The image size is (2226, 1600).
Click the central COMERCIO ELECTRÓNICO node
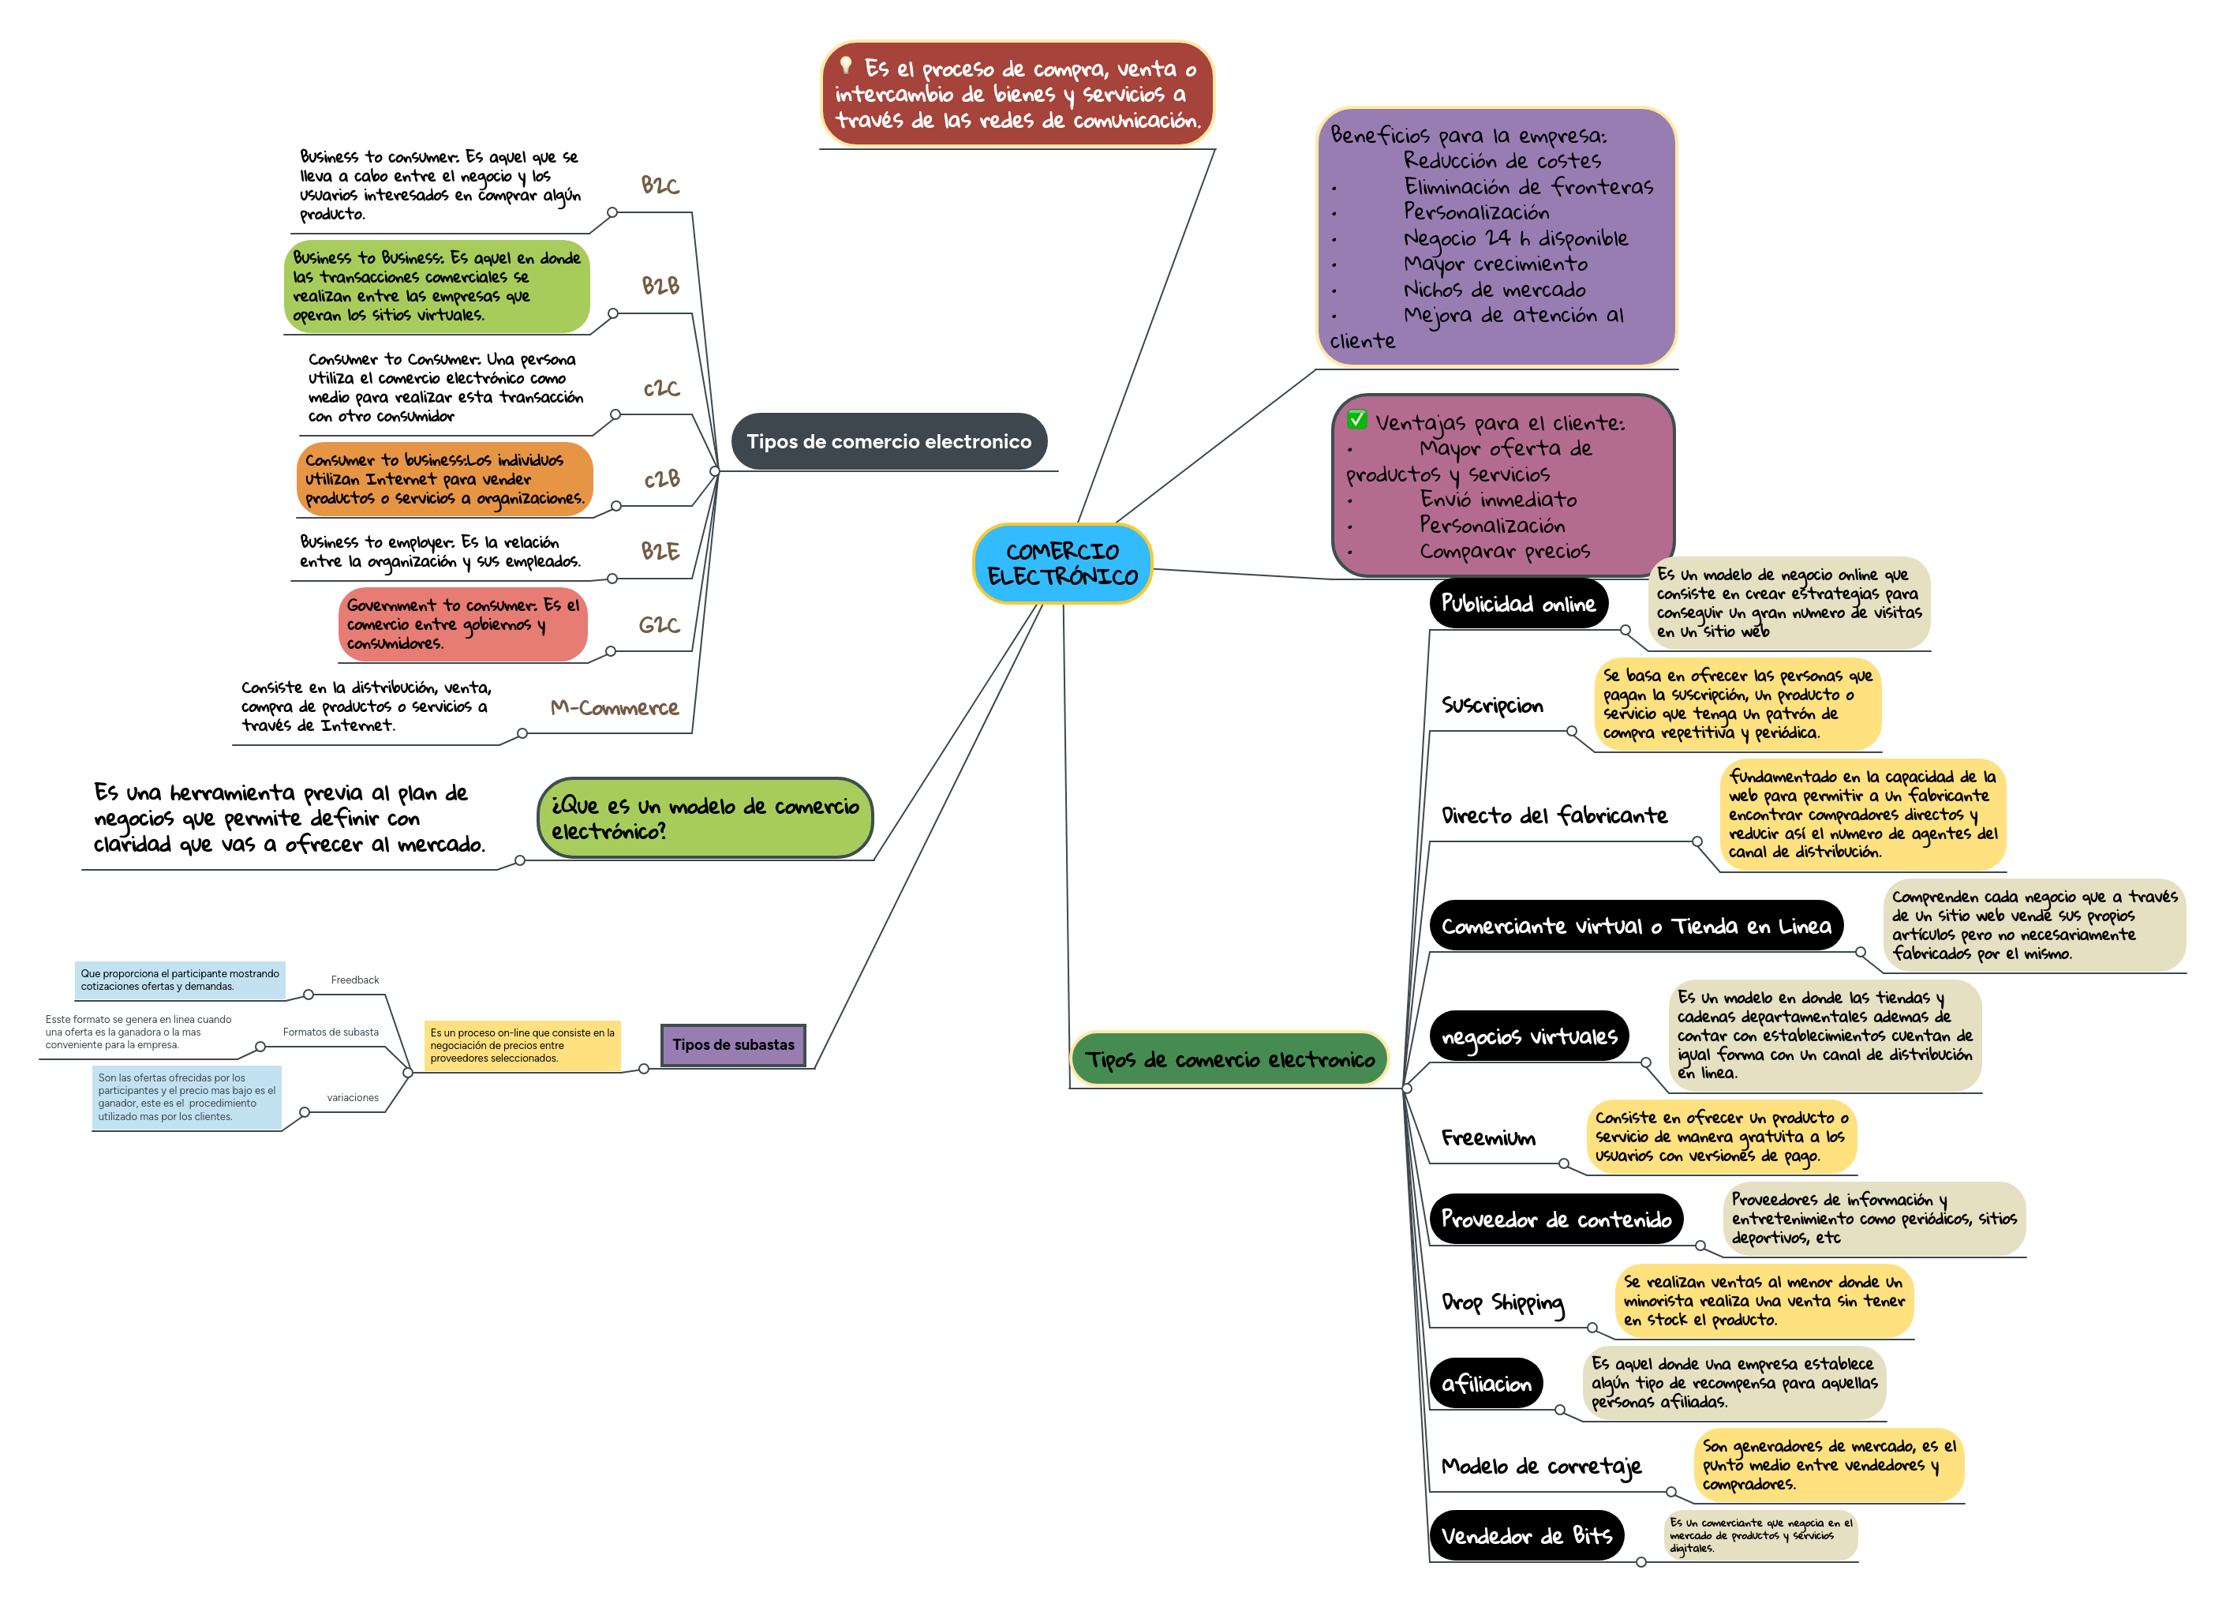[1062, 564]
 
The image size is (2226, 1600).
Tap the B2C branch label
[660, 185]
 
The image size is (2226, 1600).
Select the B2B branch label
[660, 286]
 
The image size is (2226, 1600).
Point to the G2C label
[659, 625]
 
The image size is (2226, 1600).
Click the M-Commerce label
[615, 708]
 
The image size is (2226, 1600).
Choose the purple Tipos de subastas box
[733, 1044]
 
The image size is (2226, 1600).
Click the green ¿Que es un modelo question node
[705, 818]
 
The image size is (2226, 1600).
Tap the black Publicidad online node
[1517, 604]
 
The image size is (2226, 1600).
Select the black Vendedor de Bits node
[1526, 1535]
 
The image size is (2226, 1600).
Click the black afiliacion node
[1486, 1383]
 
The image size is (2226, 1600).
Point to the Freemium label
[1488, 1137]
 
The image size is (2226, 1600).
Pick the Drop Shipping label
[1502, 1302]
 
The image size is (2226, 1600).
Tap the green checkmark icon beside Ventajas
[1356, 420]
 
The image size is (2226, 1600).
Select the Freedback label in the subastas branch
[354, 980]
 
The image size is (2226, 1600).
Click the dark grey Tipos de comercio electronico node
[889, 442]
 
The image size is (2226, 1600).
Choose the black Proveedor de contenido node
[1555, 1219]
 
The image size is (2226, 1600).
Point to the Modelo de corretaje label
[1541, 1467]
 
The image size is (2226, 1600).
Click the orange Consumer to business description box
[443, 479]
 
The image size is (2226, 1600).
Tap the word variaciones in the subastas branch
[353, 1097]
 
